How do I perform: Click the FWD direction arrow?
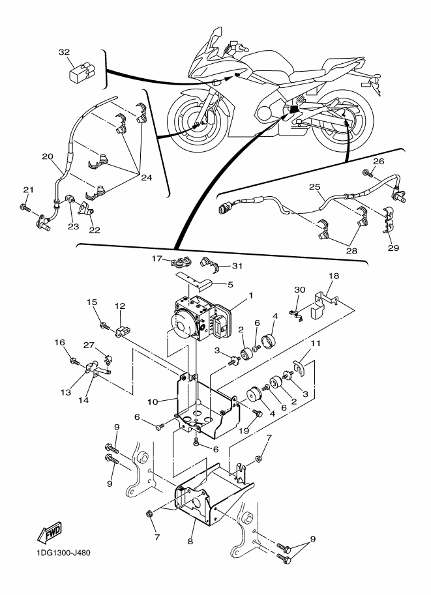point(49,532)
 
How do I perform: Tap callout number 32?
point(64,52)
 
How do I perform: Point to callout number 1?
point(250,295)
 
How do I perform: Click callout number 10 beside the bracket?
point(153,401)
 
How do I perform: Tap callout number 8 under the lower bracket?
point(190,542)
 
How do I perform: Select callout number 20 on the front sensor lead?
point(48,156)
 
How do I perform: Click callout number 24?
point(147,177)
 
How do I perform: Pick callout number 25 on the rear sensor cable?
point(314,186)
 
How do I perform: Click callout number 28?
point(352,251)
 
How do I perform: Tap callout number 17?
point(157,259)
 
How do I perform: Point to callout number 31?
point(237,266)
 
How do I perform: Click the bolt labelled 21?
point(23,207)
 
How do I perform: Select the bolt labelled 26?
point(368,174)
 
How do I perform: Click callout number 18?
point(334,276)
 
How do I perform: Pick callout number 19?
point(244,431)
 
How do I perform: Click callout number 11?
point(316,343)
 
